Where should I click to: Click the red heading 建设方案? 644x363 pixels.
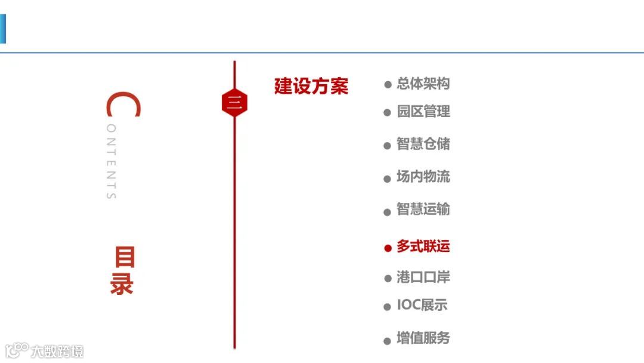[311, 87]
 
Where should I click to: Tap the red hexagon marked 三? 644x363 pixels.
[234, 103]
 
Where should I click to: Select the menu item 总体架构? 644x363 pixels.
[423, 84]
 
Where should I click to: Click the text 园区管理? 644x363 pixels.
[423, 112]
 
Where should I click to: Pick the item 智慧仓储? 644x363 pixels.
[423, 144]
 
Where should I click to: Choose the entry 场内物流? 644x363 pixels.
[423, 177]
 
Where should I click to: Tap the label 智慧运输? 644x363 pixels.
[423, 210]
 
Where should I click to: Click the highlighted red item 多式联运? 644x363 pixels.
[423, 247]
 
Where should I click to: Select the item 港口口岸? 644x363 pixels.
[423, 278]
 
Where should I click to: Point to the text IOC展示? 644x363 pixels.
[422, 306]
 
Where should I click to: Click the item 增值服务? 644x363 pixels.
[423, 339]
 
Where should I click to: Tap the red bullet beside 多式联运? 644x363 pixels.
[388, 248]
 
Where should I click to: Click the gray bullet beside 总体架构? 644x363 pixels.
[388, 85]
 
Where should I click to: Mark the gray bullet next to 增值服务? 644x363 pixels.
[388, 340]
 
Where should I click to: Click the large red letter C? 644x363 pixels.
[123, 105]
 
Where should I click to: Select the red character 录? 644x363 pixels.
[122, 284]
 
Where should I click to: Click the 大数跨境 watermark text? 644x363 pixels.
[58, 351]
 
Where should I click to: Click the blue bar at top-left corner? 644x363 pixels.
[2, 29]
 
